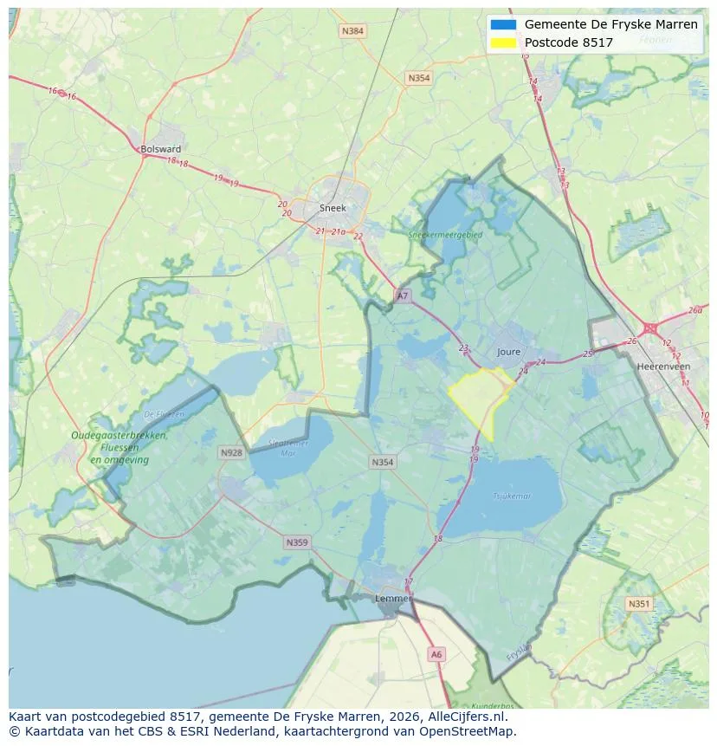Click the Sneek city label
pos(333,208)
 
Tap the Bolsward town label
pos(160,149)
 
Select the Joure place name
pos(509,352)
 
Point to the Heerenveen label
pos(663,367)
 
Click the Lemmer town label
pos(391,599)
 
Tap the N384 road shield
pos(352,31)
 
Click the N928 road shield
pos(231,452)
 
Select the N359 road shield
pos(296,542)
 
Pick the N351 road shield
pos(639,604)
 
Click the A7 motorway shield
pos(402,296)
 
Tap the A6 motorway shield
pos(436,655)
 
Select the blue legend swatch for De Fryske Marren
pos(503,24)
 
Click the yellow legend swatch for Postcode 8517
pos(503,42)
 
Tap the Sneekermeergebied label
pos(451,234)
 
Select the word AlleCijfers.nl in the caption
pos(468,717)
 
